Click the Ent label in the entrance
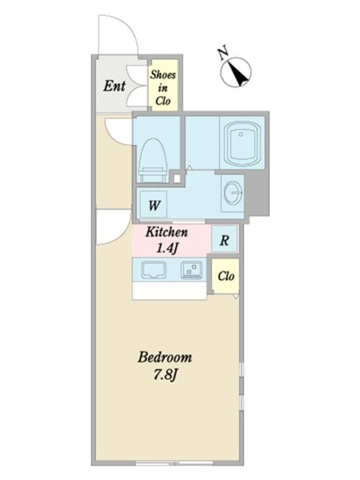click(x=114, y=86)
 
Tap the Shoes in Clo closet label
click(x=163, y=88)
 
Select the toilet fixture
click(x=153, y=161)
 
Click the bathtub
click(x=242, y=143)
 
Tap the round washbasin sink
click(x=234, y=193)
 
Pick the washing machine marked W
click(x=154, y=205)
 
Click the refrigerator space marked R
click(x=225, y=239)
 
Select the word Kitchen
click(x=167, y=232)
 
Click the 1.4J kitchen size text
click(x=167, y=249)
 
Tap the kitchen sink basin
click(x=154, y=270)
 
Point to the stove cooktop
click(x=191, y=270)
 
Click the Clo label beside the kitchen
click(x=226, y=276)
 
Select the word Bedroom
click(x=165, y=357)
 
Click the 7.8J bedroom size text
click(x=165, y=375)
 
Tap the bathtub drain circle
click(x=241, y=135)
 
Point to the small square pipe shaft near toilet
click(x=177, y=179)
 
